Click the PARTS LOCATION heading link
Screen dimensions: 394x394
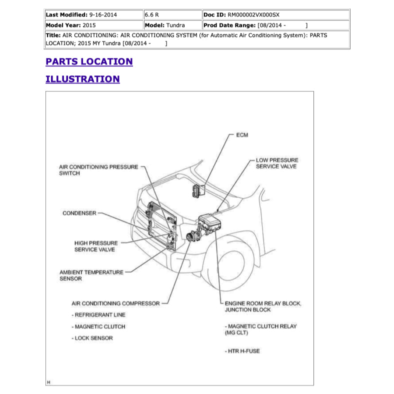(x=89, y=61)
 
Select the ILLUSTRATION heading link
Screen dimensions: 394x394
(x=82, y=79)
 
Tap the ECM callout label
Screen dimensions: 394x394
(x=242, y=135)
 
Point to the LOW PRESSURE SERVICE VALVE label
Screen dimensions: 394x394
(x=276, y=163)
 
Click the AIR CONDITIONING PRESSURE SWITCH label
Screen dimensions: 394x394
(x=98, y=170)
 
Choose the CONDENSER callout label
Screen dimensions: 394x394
(x=79, y=213)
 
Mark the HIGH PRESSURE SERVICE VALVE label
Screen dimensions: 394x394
(x=96, y=246)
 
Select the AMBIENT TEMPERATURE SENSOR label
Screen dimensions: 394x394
(x=91, y=275)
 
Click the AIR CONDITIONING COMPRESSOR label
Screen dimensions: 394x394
(x=115, y=303)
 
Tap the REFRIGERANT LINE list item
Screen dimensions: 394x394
(x=98, y=315)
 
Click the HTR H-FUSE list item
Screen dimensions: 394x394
(x=242, y=351)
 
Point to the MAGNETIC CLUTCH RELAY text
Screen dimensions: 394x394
(x=260, y=329)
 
